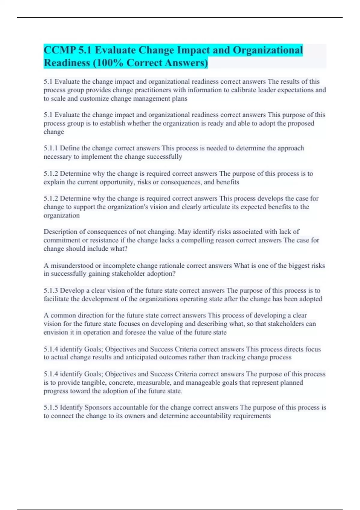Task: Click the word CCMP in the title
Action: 59,50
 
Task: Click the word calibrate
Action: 244,90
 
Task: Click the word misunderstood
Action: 72,265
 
